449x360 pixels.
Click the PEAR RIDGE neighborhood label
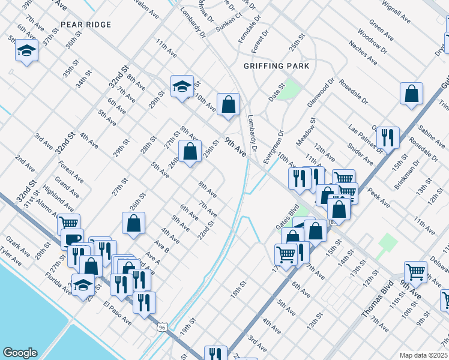86,25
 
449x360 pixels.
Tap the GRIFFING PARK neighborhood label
276,66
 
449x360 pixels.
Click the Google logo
20,353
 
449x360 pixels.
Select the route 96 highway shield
161,327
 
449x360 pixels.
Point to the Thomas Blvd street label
377,299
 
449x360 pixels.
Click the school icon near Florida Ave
83,286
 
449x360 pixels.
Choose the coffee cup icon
72,239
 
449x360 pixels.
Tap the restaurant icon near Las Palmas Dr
390,137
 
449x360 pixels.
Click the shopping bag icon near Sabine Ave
411,94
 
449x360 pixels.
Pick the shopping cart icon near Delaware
415,272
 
